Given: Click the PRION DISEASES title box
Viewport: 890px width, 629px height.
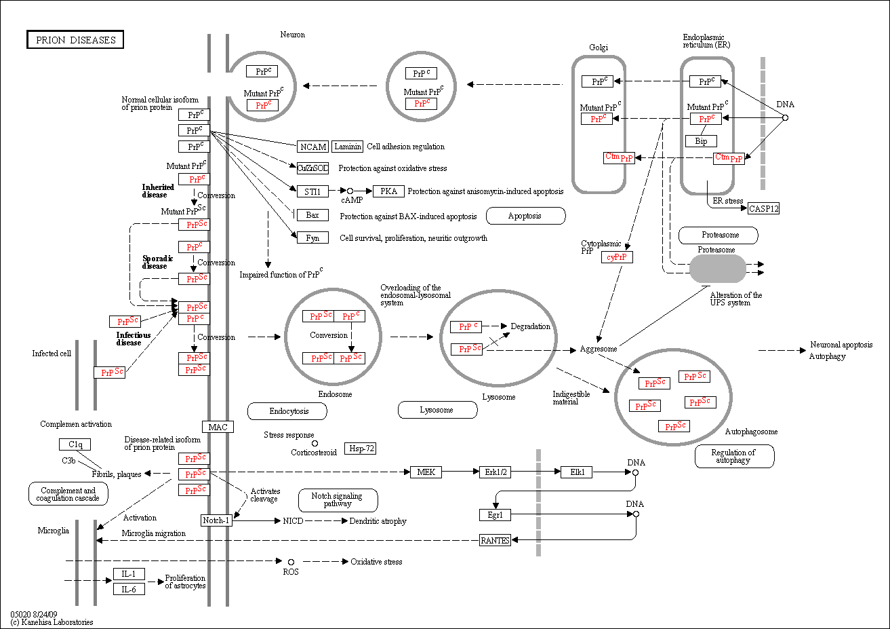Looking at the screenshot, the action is (75, 39).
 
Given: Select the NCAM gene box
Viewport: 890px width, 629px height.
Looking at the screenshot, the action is (312, 147).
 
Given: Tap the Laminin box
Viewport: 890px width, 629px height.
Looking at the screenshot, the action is (347, 147).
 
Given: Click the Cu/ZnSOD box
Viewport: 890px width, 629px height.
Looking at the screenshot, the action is (312, 168).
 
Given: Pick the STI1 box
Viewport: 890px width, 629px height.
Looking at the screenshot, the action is (312, 191).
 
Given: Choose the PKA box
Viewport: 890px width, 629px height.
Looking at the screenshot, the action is (388, 191).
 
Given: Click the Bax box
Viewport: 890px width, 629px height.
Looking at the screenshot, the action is (312, 215).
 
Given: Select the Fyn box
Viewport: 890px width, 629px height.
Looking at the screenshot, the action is (312, 237).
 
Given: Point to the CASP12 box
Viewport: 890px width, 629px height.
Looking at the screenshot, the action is (763, 208).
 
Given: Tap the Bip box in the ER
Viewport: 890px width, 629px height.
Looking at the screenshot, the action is (702, 141).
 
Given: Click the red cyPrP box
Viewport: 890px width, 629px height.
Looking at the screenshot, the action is (617, 257).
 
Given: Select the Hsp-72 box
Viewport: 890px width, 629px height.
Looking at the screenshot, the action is (360, 449).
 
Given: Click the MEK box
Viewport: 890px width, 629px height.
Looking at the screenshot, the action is (426, 472).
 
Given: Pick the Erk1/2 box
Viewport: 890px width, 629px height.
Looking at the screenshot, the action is (495, 472).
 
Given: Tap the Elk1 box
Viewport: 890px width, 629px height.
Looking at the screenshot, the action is (577, 472).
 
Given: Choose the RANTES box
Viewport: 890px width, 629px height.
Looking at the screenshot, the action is (495, 540).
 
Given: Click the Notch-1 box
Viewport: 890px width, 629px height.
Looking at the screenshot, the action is (216, 520).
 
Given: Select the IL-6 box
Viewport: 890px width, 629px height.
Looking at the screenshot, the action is (129, 589).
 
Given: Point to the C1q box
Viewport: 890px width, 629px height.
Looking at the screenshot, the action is (75, 444).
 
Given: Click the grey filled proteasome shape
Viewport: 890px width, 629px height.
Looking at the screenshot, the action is (718, 269).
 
